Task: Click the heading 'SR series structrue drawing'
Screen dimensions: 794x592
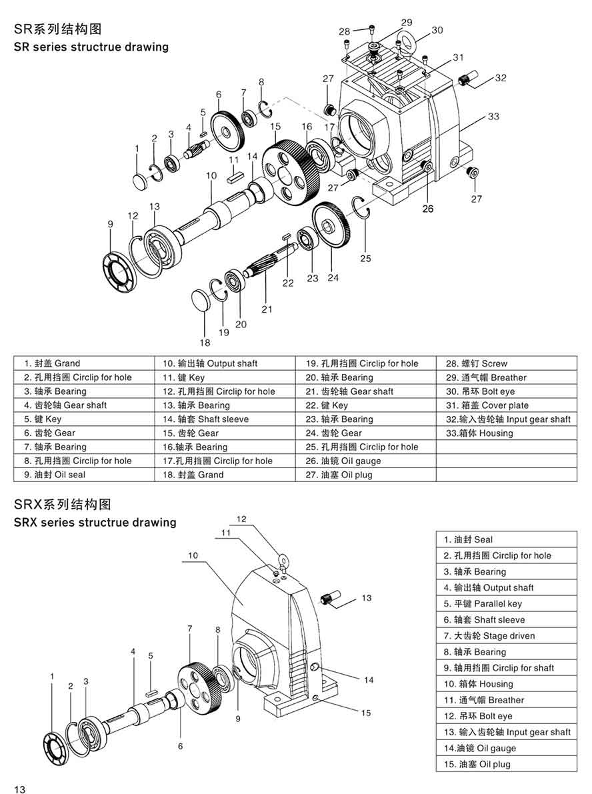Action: tap(91, 47)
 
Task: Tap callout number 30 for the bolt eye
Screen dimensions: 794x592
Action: tap(437, 30)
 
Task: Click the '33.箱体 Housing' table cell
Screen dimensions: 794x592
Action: tap(479, 433)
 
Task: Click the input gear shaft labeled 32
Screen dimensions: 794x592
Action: tap(469, 81)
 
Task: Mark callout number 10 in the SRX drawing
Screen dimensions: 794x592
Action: tap(193, 554)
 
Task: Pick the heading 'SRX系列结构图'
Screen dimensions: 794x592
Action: tap(62, 503)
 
